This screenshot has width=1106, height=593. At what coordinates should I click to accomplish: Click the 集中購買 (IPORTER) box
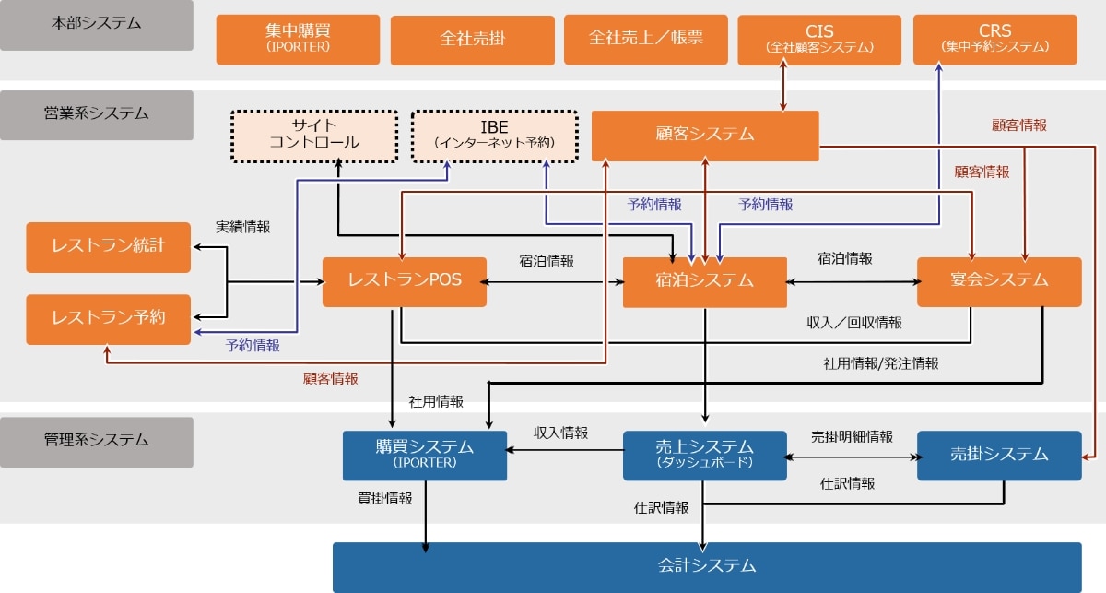pyautogui.click(x=298, y=40)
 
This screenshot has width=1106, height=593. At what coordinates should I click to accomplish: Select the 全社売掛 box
pyautogui.click(x=472, y=40)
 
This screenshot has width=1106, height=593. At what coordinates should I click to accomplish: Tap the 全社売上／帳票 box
pyautogui.click(x=645, y=40)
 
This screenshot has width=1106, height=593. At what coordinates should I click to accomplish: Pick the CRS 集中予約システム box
pyautogui.click(x=994, y=40)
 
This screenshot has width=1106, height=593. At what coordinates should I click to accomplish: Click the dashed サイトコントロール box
pyautogui.click(x=313, y=136)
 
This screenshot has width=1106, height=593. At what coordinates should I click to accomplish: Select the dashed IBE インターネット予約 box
pyautogui.click(x=494, y=136)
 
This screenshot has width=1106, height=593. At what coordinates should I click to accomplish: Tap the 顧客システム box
pyautogui.click(x=705, y=136)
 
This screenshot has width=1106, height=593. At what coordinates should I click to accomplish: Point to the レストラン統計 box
pyautogui.click(x=109, y=247)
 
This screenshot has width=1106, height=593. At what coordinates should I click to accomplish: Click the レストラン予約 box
pyautogui.click(x=109, y=319)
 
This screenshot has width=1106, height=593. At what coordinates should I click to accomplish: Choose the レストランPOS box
pyautogui.click(x=405, y=281)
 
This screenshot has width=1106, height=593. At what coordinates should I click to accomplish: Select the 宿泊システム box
pyautogui.click(x=705, y=281)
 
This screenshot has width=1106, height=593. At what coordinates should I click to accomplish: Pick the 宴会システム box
pyautogui.click(x=999, y=281)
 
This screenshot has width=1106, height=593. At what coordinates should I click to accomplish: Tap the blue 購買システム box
pyautogui.click(x=425, y=455)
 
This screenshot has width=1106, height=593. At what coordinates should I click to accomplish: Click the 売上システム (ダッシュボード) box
pyautogui.click(x=705, y=455)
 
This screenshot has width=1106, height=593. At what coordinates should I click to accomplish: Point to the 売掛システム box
pyautogui.click(x=999, y=455)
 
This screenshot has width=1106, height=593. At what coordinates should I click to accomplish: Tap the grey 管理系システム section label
pyautogui.click(x=97, y=441)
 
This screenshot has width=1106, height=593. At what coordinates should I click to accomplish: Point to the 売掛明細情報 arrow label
pyautogui.click(x=852, y=436)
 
